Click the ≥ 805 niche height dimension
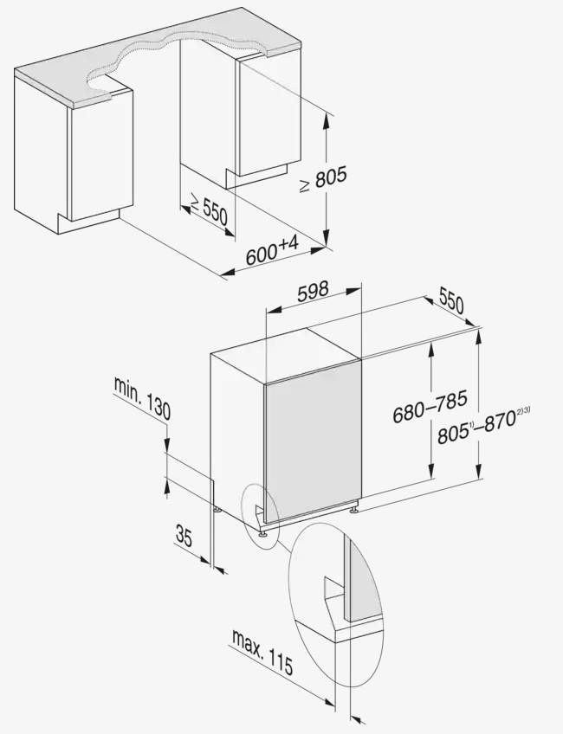tap(323, 178)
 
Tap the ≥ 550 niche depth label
tap(209, 209)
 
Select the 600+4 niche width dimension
tap(272, 250)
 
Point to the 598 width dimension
tap(313, 291)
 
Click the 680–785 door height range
tap(430, 406)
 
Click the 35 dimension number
tap(184, 536)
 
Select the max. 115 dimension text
tap(262, 652)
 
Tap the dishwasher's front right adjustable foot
tap(353, 507)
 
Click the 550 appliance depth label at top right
tap(451, 300)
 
